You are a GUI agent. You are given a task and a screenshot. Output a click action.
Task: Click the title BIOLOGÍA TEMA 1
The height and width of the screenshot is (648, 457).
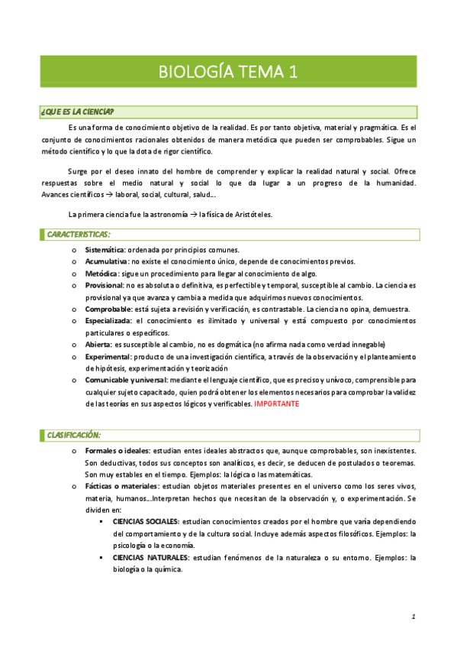[228, 73]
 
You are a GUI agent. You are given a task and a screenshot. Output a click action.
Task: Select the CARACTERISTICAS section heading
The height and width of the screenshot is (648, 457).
[79, 233]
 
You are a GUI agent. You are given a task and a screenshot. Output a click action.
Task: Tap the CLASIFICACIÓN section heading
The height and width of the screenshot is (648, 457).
[74, 435]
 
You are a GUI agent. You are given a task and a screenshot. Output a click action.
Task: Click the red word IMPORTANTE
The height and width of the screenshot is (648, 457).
[276, 403]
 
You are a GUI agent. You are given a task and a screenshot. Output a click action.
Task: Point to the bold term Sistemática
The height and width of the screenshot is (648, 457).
[105, 250]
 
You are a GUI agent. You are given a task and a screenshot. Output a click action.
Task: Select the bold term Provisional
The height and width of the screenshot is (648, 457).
[105, 285]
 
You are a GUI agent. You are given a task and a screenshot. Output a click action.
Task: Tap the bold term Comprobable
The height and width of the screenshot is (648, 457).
[108, 309]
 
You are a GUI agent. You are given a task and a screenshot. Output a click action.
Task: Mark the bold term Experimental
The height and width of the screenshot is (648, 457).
[108, 356]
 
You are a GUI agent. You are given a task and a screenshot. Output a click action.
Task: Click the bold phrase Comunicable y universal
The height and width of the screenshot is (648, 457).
[127, 380]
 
